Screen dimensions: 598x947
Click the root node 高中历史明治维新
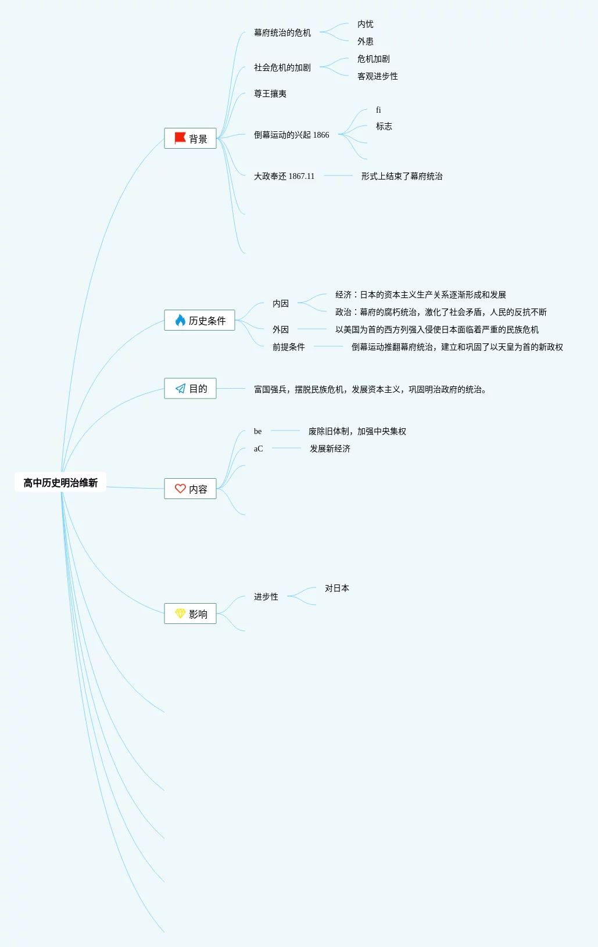click(x=60, y=483)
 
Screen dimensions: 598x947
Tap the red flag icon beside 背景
click(x=180, y=138)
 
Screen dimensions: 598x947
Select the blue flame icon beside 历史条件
click(x=180, y=320)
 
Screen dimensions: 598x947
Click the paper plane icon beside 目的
click(x=180, y=389)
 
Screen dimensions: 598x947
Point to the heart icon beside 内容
click(x=180, y=489)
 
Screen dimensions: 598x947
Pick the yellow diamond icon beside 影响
click(x=180, y=614)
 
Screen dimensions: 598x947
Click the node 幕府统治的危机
click(x=282, y=33)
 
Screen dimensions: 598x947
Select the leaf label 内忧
click(x=366, y=24)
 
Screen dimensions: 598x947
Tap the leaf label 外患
click(x=366, y=42)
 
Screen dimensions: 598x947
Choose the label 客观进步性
click(x=378, y=77)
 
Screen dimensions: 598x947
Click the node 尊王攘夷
click(x=270, y=94)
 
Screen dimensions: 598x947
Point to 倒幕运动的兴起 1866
click(x=291, y=135)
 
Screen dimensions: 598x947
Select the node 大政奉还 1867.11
click(x=284, y=176)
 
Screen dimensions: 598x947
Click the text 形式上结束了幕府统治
click(x=402, y=176)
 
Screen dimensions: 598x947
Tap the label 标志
click(x=384, y=127)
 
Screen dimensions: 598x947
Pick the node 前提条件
click(x=289, y=347)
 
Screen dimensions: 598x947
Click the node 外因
click(x=281, y=329)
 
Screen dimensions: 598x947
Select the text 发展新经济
click(x=330, y=449)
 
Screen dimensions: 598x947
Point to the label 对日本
click(x=337, y=589)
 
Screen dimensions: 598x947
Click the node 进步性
click(x=266, y=597)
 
